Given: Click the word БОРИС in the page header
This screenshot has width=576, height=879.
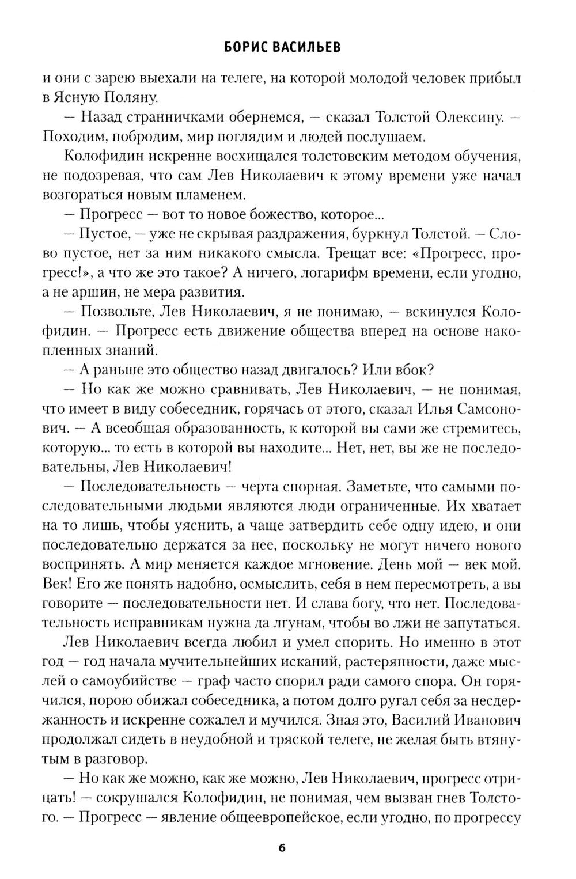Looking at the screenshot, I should pos(247,48).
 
